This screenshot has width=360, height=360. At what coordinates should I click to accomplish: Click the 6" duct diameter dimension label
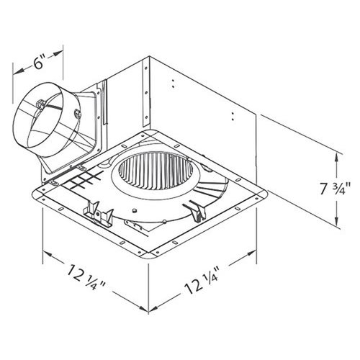click(39, 63)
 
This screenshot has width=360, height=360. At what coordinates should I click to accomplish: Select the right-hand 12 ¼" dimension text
click(204, 293)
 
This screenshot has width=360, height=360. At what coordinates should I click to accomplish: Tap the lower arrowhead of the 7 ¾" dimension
click(338, 222)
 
